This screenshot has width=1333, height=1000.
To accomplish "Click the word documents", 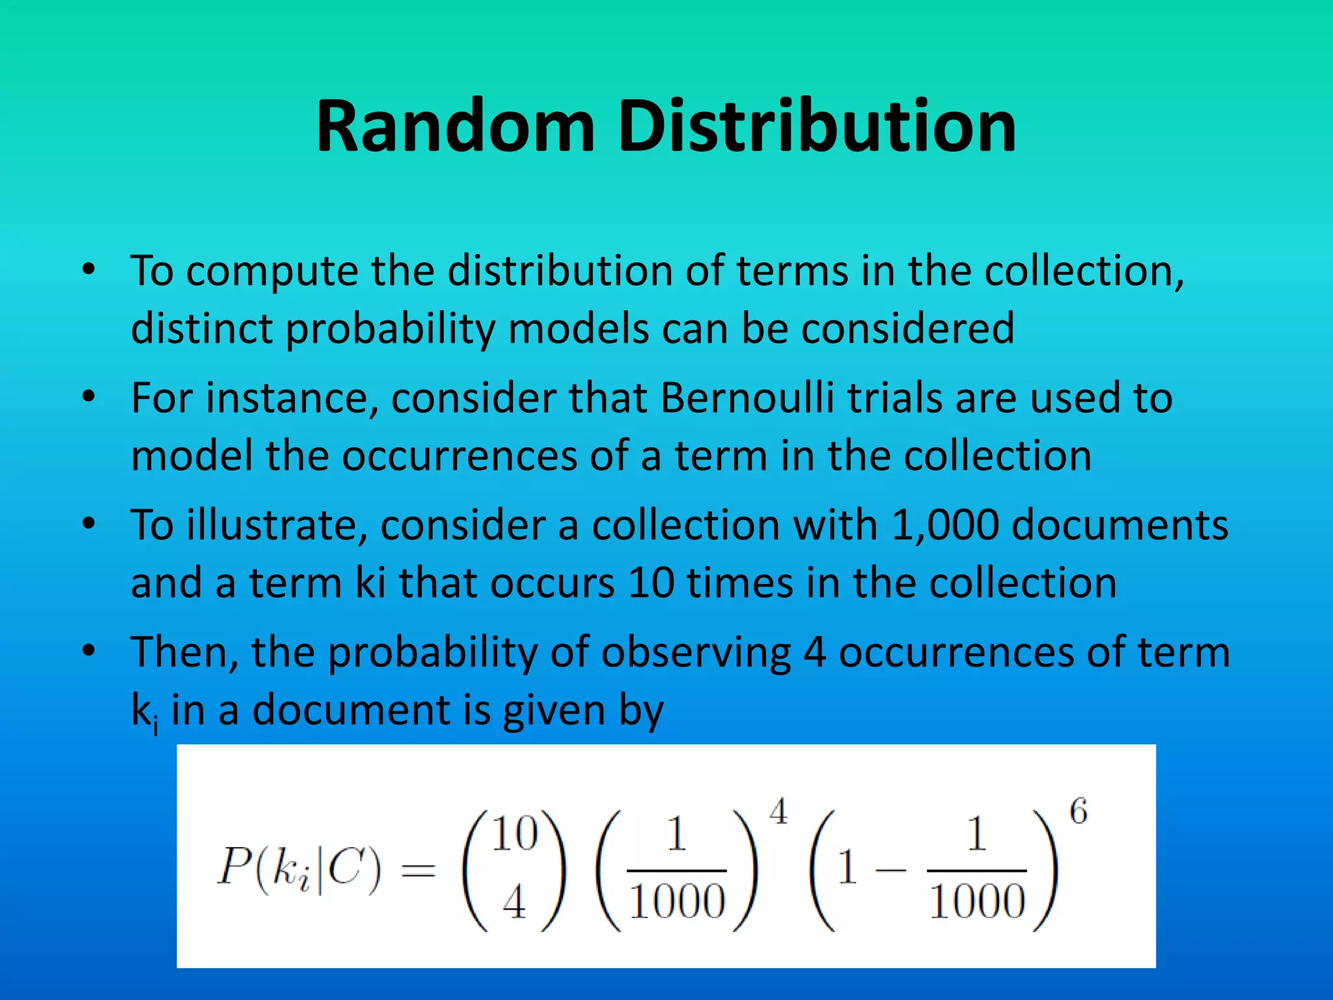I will (x=1120, y=525).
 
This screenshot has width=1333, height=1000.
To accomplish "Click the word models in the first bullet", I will (x=578, y=328).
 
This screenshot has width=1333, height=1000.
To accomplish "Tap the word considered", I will (x=908, y=328).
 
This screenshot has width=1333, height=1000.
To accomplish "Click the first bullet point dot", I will (x=89, y=269).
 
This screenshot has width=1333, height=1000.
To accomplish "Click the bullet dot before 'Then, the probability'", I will (x=89, y=650).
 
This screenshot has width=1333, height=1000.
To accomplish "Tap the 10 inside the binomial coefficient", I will (x=514, y=834).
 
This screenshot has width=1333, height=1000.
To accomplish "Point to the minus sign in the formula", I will (x=890, y=870).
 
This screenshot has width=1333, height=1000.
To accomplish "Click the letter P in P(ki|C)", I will (x=233, y=867).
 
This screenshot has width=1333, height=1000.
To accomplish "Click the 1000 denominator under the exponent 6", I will (x=977, y=902).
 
